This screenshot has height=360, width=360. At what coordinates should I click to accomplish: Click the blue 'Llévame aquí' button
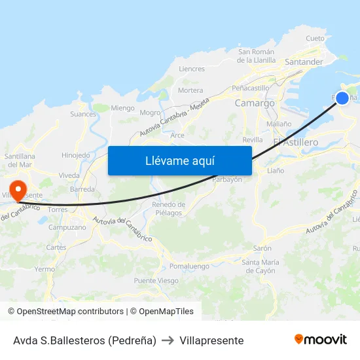click(x=179, y=160)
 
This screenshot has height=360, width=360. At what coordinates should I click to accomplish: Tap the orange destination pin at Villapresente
click(x=18, y=190)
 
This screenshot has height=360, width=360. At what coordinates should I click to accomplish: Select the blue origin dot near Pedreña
click(x=342, y=98)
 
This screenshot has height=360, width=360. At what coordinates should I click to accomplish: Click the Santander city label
click(x=304, y=62)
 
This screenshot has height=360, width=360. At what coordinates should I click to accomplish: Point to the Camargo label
click(x=255, y=103)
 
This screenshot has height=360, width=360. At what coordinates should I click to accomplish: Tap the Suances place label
click(x=83, y=114)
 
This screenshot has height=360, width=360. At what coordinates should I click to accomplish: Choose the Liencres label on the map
click(x=192, y=69)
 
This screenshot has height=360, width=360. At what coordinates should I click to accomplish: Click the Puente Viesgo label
click(x=156, y=281)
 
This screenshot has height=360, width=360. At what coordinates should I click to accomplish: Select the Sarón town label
click(x=262, y=249)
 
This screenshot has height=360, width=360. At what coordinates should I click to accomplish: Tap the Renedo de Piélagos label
click(x=168, y=209)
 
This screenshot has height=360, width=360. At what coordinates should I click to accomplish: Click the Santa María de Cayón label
click(x=259, y=266)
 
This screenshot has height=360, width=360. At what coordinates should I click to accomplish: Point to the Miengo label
click(x=122, y=108)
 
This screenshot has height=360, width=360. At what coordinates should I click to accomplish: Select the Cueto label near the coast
click(x=315, y=39)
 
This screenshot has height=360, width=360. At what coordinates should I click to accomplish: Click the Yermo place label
click(x=45, y=269)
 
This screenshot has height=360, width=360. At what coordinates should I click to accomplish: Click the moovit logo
click(x=321, y=340)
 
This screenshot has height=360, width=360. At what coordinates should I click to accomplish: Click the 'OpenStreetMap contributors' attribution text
click(x=70, y=312)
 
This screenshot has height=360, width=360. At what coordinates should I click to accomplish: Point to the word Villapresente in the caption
click(x=212, y=340)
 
